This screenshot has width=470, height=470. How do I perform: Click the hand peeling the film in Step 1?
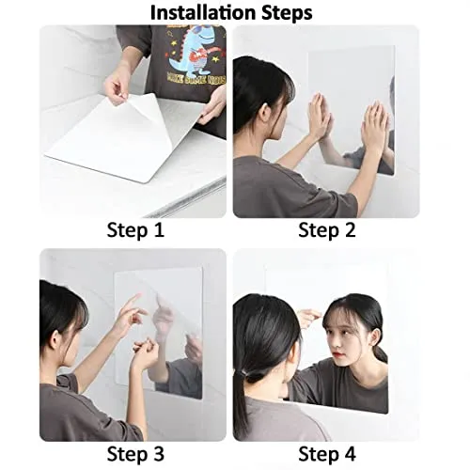[117, 86]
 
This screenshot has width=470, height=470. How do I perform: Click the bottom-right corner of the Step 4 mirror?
[386, 413]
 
